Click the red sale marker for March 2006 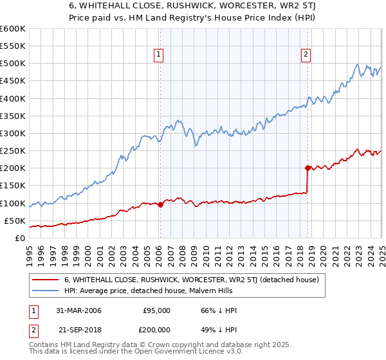pos(160,205)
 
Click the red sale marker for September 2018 pos(308,168)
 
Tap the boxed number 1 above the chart pos(158,55)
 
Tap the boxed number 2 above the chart pos(306,55)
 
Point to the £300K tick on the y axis pos(13,133)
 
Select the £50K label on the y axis pos(15,221)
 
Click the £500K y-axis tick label pos(13,64)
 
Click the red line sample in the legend pos(45,280)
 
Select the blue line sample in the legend pos(45,291)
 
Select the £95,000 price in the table pos(157,310)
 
